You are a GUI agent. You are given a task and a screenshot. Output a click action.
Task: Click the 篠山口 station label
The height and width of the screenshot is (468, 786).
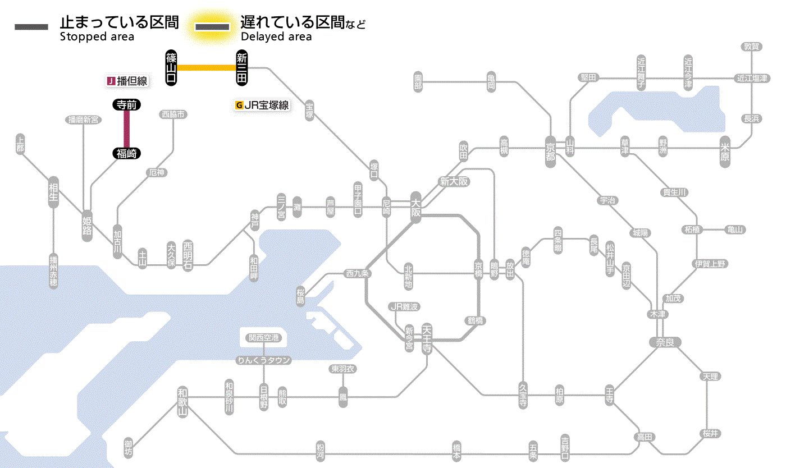[172, 68]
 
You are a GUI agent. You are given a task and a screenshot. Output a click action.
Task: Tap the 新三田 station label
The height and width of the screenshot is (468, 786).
[242, 68]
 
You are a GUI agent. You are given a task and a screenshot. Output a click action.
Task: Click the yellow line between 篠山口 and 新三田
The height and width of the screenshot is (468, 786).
[207, 68]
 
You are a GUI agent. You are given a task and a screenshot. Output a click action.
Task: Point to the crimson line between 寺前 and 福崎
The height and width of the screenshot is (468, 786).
[127, 129]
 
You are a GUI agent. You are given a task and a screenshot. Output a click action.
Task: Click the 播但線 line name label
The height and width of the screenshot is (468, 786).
[127, 81]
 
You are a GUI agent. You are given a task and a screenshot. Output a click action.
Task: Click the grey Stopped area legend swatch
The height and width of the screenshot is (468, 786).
[31, 27]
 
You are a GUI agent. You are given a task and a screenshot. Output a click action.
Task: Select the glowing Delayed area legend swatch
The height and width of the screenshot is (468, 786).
[212, 27]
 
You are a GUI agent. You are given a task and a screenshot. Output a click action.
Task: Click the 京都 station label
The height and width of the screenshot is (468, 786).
[550, 149]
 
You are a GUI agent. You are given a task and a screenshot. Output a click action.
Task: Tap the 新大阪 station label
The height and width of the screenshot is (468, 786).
[454, 181]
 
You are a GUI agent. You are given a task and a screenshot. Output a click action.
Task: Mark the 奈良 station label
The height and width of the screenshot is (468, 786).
[665, 342]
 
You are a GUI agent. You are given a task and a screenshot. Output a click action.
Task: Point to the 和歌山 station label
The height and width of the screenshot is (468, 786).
[182, 399]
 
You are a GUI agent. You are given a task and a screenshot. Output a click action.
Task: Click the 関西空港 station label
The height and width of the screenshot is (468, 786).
[264, 338]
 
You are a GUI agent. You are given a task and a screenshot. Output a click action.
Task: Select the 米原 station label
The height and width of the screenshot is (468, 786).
[725, 153]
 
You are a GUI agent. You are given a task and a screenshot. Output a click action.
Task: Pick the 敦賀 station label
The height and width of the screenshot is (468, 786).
[752, 47]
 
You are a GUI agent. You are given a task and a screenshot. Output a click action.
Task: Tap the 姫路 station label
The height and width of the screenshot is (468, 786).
[87, 225]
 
